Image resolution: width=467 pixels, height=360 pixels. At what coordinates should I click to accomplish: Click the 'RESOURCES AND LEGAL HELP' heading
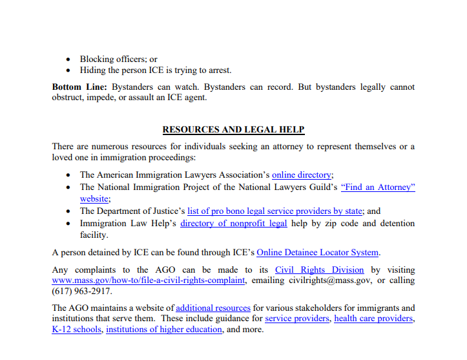point(233,129)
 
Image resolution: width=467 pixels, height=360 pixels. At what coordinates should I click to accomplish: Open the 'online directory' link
point(302,175)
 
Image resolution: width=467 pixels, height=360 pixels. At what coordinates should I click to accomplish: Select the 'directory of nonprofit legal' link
point(234,223)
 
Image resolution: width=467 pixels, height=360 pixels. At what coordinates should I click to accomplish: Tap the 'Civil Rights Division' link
point(319,270)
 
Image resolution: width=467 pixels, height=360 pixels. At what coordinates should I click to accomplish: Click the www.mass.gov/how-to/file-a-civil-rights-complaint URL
point(149,281)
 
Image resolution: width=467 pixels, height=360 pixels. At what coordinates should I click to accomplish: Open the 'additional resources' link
point(213,308)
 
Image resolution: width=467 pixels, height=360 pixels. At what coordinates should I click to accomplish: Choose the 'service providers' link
point(296,319)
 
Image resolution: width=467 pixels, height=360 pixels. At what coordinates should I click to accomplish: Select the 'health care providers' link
point(374,319)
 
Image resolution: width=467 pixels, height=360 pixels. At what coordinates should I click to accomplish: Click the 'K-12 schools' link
point(77,330)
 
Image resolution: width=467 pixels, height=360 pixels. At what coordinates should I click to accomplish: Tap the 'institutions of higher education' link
point(164,330)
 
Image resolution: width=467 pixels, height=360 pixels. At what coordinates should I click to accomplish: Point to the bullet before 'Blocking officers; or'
point(70,59)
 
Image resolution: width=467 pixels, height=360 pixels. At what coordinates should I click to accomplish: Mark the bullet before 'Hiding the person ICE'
point(70,70)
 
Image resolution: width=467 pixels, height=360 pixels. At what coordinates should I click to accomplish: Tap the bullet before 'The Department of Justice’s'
point(70,211)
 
